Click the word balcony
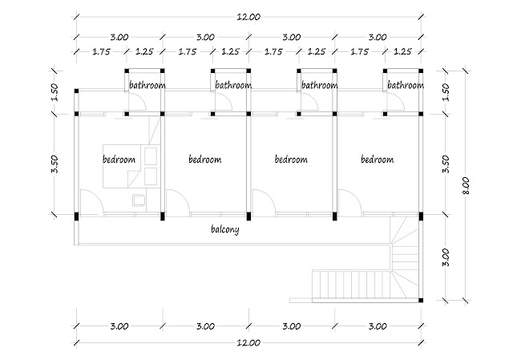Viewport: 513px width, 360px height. tap(225, 229)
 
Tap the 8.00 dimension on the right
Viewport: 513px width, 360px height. tap(466, 185)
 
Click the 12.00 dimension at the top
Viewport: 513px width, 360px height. tap(248, 17)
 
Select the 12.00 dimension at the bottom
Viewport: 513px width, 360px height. tap(248, 342)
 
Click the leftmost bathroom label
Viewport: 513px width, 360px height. tap(147, 85)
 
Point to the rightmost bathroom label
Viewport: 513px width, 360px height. tap(406, 85)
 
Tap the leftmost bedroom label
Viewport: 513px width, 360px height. tap(119, 160)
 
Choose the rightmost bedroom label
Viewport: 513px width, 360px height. tap(378, 160)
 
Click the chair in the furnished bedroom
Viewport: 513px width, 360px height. tap(139, 200)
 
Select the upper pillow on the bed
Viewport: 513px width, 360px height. tap(151, 156)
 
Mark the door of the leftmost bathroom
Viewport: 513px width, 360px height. tap(137, 102)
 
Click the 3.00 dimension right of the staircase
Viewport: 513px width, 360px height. tap(446, 257)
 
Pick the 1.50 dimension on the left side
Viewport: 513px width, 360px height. tap(55, 92)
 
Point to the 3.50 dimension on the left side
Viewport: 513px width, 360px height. tap(55, 164)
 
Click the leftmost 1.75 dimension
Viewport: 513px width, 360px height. tap(102, 51)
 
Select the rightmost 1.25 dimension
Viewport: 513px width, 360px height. tap(402, 51)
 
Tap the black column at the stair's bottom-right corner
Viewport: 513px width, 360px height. tap(421, 300)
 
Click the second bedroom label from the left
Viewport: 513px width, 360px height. tap(205, 160)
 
